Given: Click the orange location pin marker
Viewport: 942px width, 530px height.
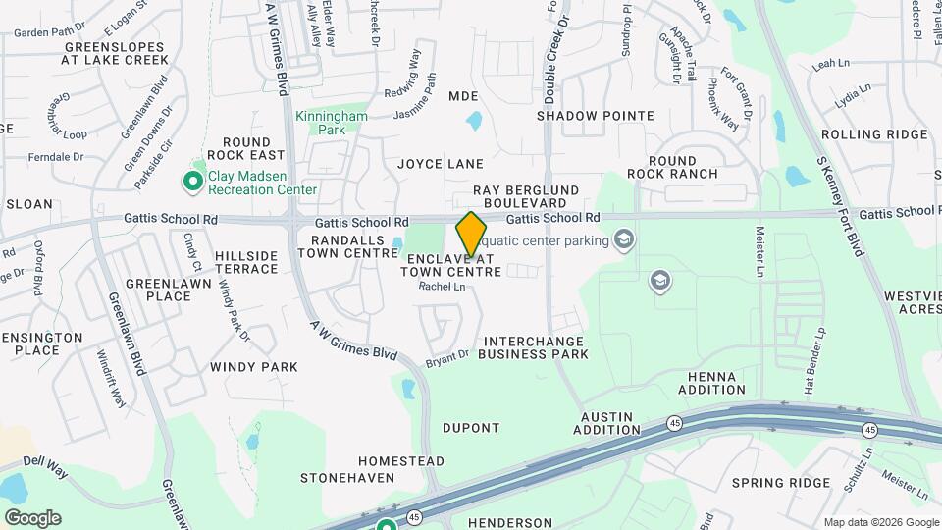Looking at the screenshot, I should click(471, 234).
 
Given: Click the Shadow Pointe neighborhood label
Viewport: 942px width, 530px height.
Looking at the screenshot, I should click(596, 116).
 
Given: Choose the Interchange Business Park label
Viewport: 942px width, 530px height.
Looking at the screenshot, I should click(534, 345).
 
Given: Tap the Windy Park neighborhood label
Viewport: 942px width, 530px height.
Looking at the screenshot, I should click(253, 367).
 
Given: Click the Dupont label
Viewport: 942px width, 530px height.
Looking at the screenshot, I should click(471, 428).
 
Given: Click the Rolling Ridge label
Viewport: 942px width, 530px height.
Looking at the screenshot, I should click(874, 134).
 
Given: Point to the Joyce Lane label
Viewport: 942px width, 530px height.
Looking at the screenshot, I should click(441, 163).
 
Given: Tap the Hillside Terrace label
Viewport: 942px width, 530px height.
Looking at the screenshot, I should click(246, 262).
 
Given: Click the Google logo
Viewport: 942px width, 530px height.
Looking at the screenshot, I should click(32, 518).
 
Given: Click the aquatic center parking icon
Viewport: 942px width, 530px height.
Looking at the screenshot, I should click(622, 239).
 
